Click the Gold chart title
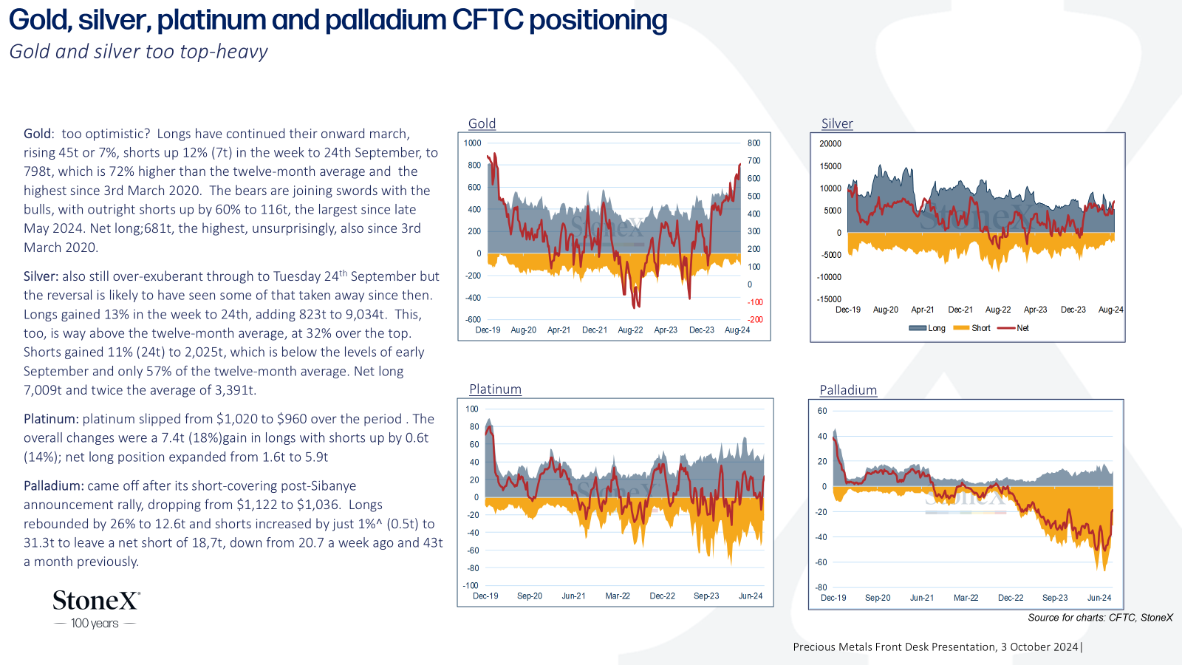(482, 123)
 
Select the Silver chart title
(837, 123)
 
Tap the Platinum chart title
(495, 389)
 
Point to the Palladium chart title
(848, 390)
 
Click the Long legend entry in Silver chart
(927, 328)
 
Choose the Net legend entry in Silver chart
(1014, 328)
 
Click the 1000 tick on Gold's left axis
(472, 143)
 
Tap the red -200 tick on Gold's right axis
(755, 320)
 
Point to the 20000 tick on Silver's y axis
(830, 143)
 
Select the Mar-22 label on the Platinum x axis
(618, 596)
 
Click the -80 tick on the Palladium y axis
(821, 587)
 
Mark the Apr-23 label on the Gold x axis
(666, 330)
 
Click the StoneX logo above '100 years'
(97, 601)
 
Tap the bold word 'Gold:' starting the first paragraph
(38, 134)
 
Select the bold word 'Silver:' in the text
(41, 276)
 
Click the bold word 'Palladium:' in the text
(54, 485)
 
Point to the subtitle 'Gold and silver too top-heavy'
(138, 52)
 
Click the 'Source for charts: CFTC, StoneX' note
(1100, 618)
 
